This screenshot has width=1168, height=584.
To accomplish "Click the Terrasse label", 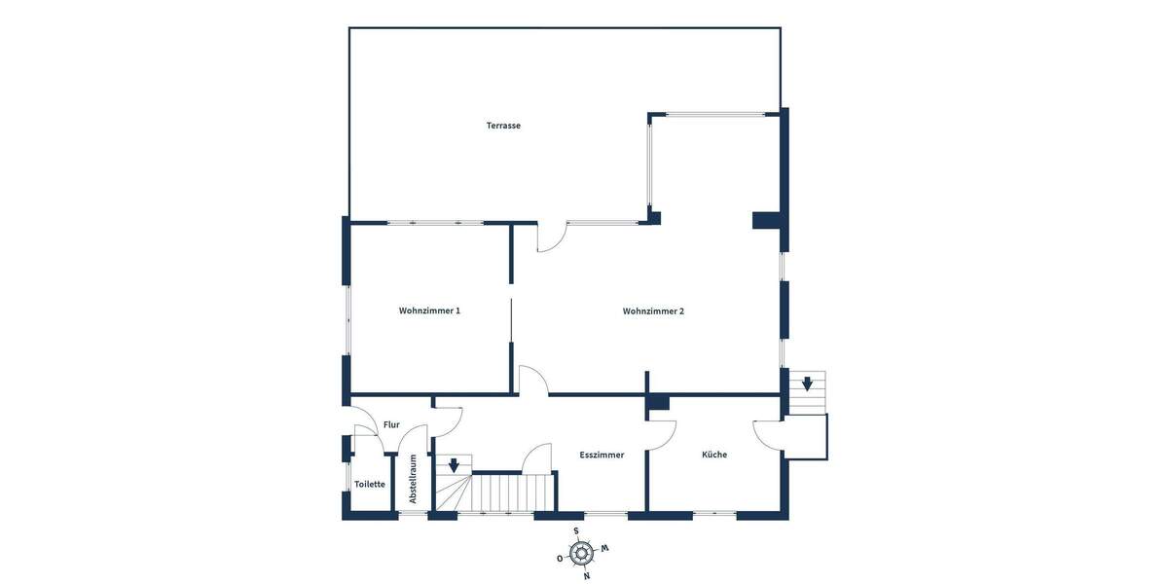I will [x=503, y=126].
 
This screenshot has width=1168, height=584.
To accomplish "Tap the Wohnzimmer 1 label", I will [x=429, y=311].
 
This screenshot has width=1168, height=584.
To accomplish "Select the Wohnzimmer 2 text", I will [x=653, y=311].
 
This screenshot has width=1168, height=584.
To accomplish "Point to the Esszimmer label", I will [x=602, y=455].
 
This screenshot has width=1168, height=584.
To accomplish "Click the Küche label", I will [x=714, y=455].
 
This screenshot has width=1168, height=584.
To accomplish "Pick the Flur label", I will [x=391, y=425].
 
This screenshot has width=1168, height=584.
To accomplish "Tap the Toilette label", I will [x=369, y=484].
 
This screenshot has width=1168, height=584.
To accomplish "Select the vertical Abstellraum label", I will [x=413, y=478].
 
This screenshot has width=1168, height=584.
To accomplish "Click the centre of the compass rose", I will [x=581, y=554].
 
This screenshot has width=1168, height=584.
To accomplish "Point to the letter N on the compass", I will [x=586, y=576].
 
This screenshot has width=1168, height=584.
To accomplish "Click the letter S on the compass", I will [x=576, y=531].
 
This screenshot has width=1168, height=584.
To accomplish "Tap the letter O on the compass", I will [x=560, y=559].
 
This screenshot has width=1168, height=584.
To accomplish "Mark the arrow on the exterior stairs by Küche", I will [x=807, y=383].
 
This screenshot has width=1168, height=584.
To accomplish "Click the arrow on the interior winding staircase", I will [x=453, y=465].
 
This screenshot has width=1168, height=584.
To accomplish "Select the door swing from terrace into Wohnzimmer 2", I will [x=550, y=238].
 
